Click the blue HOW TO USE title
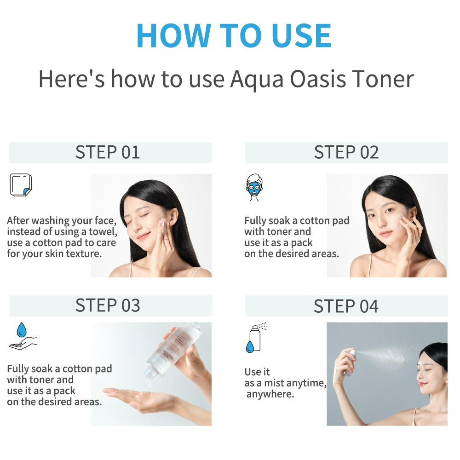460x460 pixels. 234,35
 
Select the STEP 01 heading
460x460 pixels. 107,152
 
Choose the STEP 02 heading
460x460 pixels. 346,152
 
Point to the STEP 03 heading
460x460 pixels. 108,305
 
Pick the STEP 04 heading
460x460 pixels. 346,306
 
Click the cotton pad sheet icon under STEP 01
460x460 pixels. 21,185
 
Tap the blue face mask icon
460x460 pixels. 254,188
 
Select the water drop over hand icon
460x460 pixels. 23,336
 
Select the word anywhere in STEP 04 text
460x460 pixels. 270,394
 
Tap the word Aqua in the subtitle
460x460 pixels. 257,80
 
